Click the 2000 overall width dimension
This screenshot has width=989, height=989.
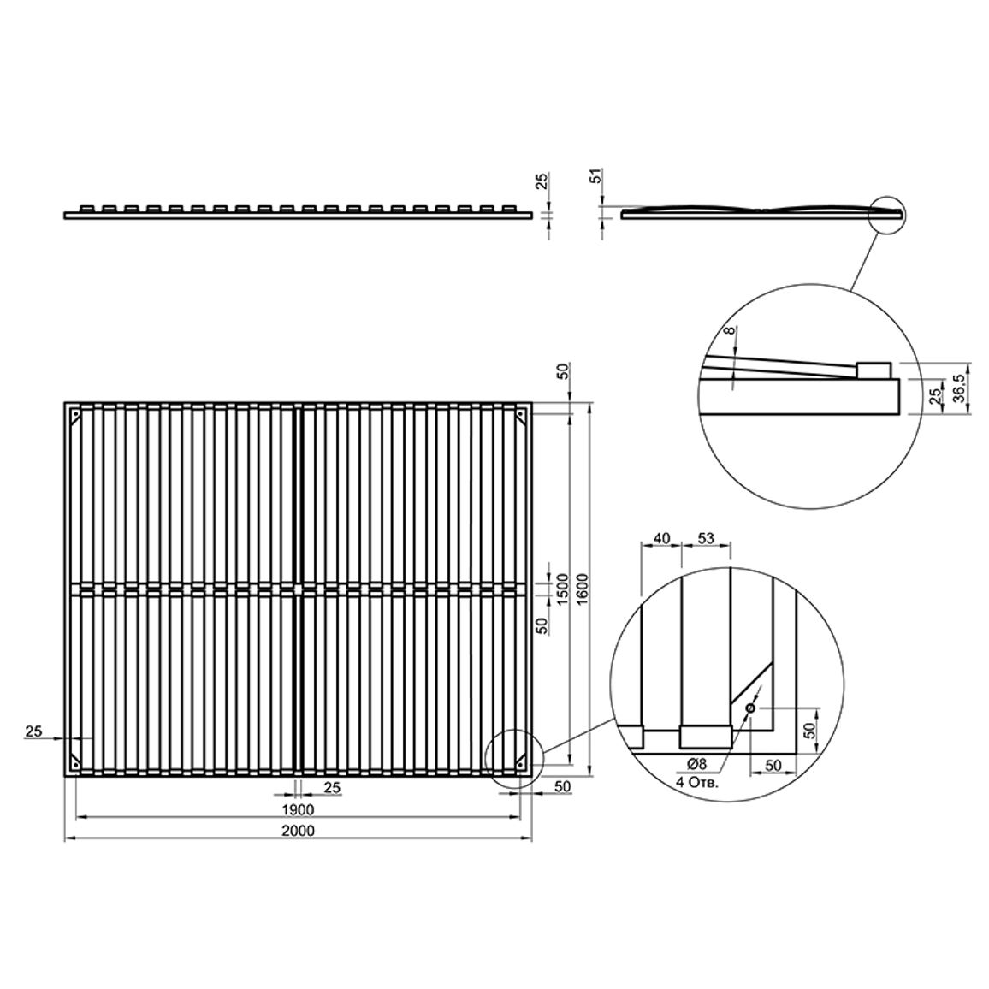pyautogui.click(x=299, y=831)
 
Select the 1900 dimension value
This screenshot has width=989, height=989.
pyautogui.click(x=299, y=809)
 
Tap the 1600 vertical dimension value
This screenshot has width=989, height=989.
pyautogui.click(x=582, y=589)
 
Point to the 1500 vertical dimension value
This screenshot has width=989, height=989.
pyautogui.click(x=563, y=589)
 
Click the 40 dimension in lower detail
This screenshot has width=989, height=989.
pyautogui.click(x=661, y=538)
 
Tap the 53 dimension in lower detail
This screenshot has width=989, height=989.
pyautogui.click(x=706, y=538)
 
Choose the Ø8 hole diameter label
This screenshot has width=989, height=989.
pyautogui.click(x=696, y=764)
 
